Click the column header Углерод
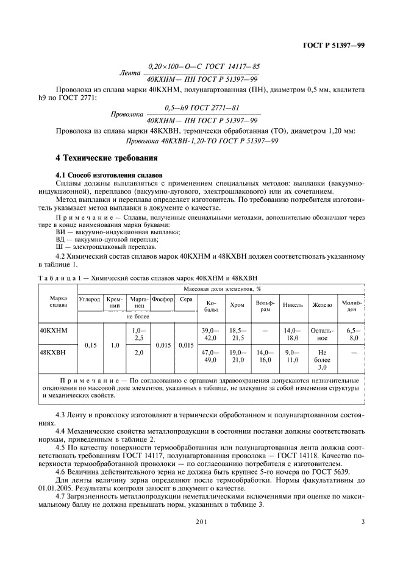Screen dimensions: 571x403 coord(89,299)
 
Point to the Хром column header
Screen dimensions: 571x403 coord(236,305)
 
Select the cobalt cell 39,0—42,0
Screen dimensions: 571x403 coord(210,334)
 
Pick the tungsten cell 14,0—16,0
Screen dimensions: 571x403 coord(265,356)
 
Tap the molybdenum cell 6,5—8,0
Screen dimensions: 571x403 coord(352,334)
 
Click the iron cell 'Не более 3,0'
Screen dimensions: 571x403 coord(323,360)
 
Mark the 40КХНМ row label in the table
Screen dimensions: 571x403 coord(54,330)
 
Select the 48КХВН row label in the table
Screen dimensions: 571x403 coord(53,353)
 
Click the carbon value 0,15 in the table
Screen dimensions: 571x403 coord(90,345)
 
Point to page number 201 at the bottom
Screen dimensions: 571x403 coord(202,522)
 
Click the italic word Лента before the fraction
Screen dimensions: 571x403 coord(130,73)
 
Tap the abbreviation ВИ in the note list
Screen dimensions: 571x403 coord(60,232)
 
